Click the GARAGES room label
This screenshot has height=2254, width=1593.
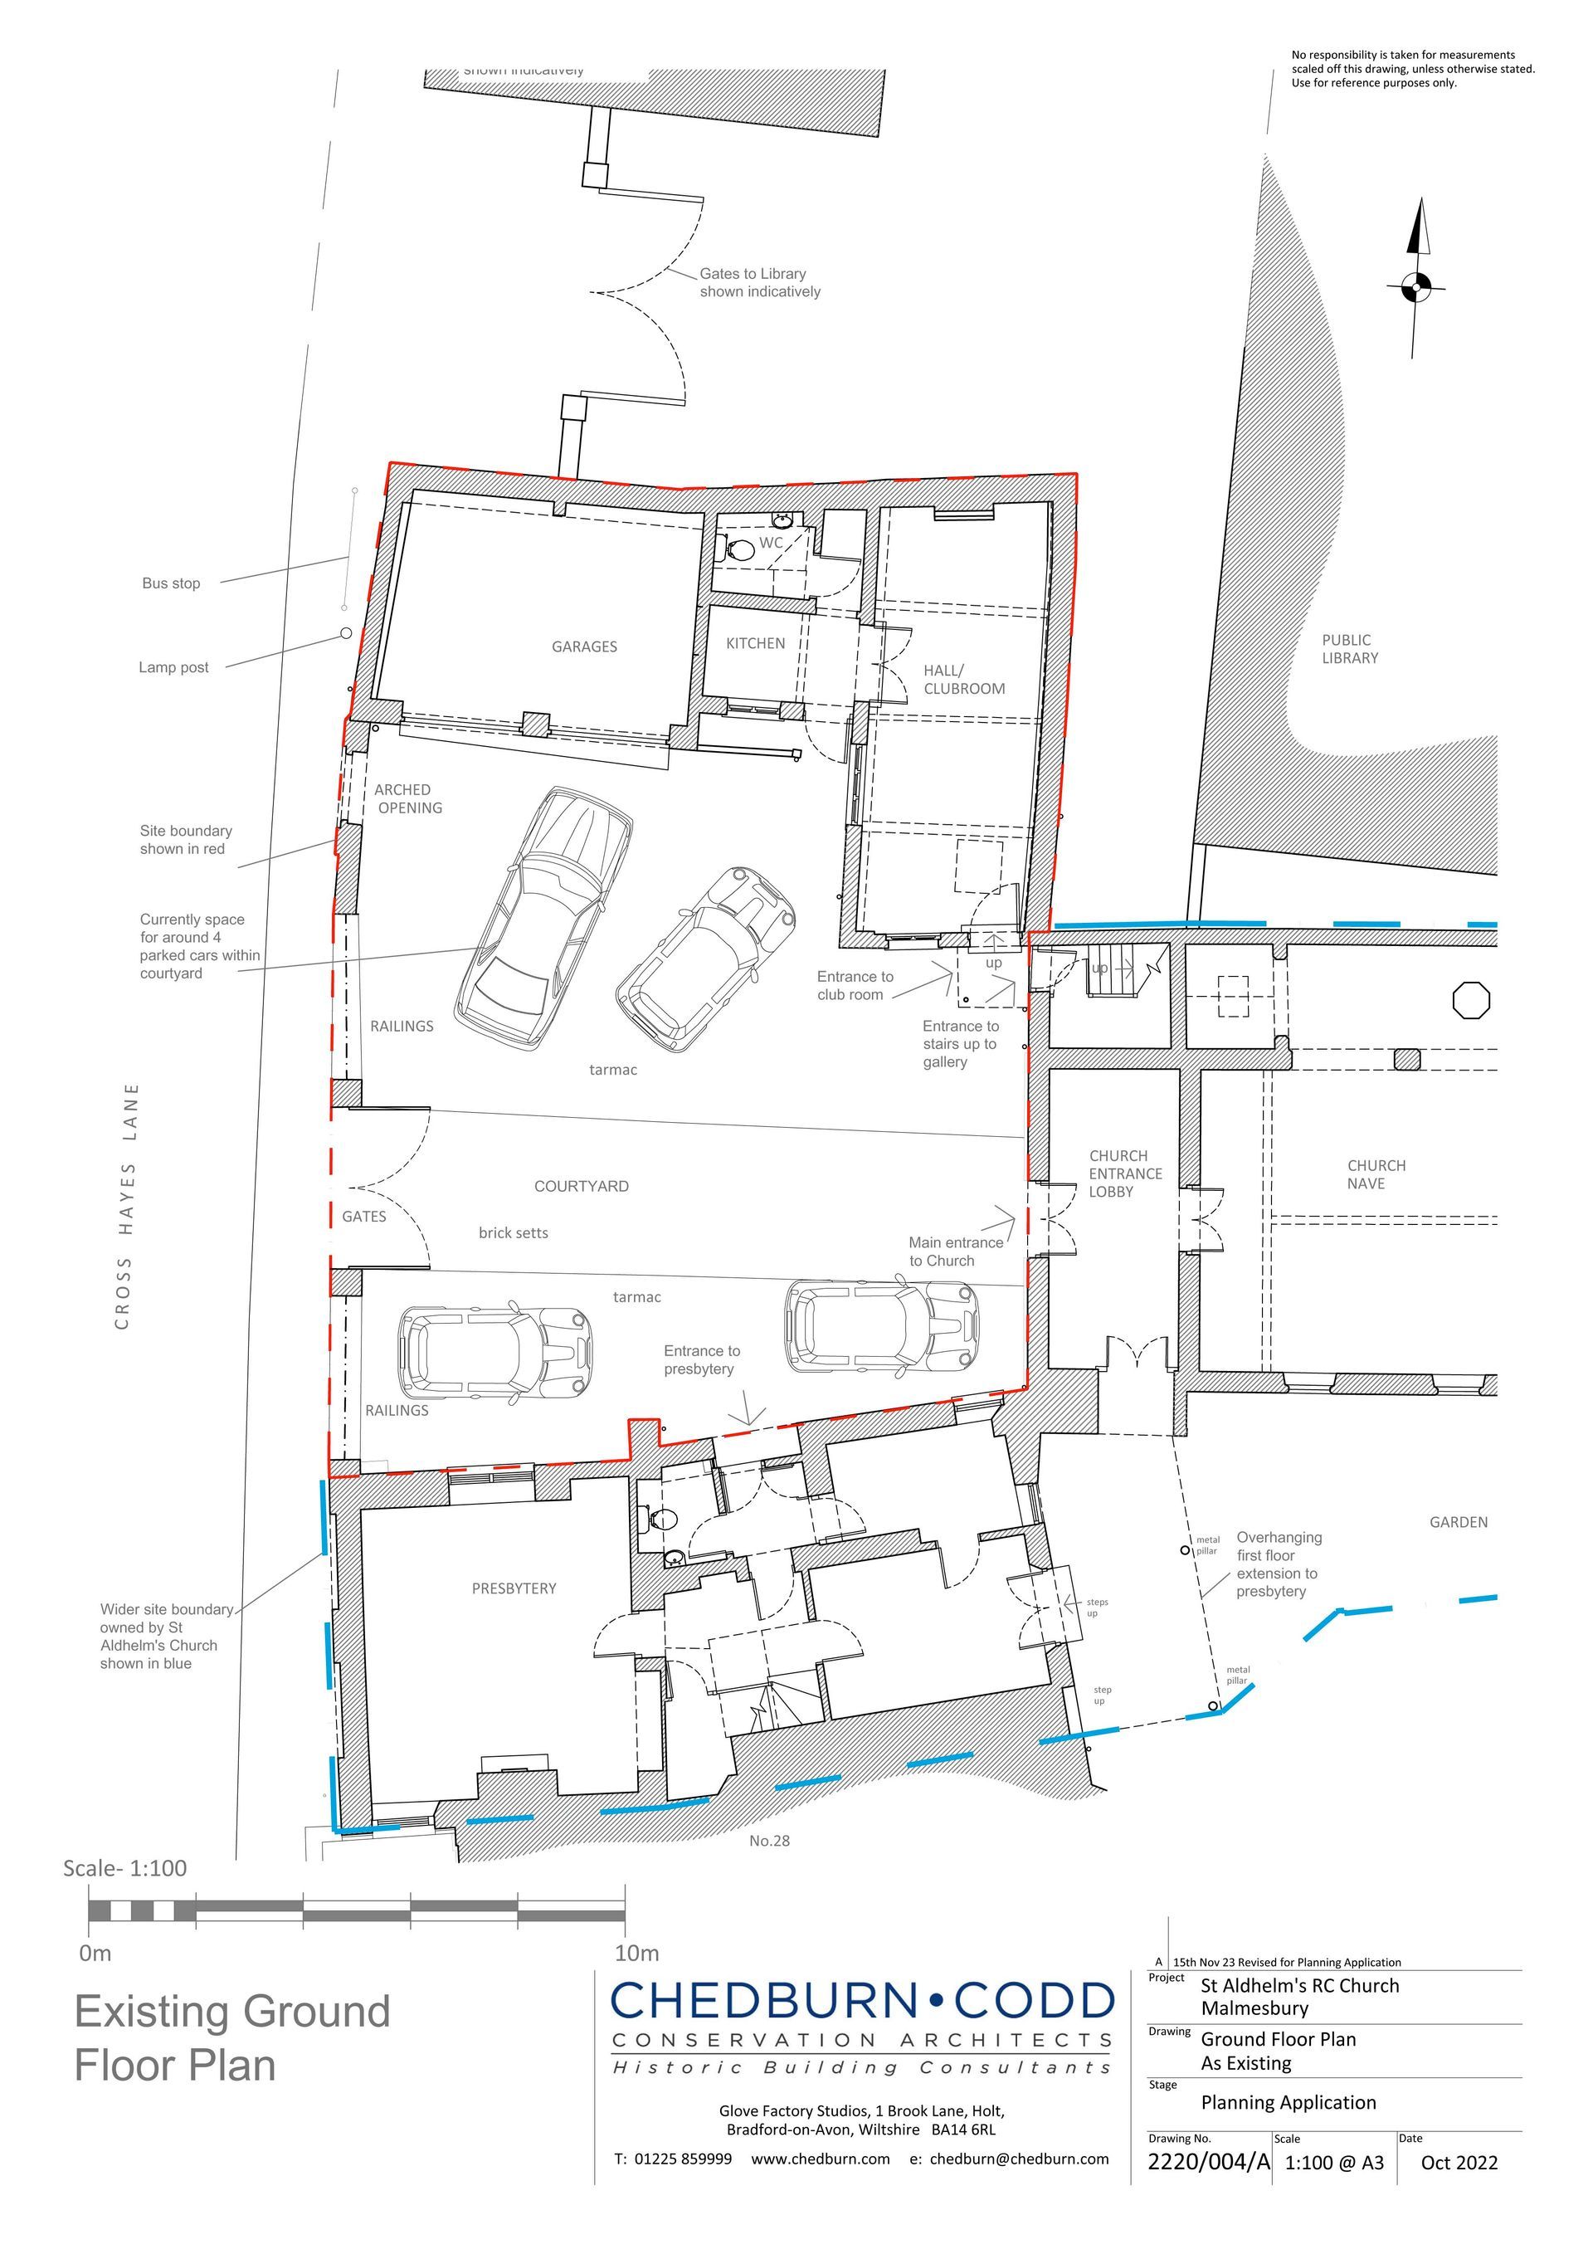click(584, 647)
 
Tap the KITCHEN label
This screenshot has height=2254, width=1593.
click(755, 644)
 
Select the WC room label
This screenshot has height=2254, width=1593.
click(772, 543)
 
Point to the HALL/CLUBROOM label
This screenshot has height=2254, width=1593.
click(964, 681)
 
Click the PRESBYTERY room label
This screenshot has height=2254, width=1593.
click(514, 1588)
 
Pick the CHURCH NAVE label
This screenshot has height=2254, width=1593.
click(1376, 1174)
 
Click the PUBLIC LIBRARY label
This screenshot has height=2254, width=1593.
click(1350, 649)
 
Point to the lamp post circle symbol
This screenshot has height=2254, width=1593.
click(345, 633)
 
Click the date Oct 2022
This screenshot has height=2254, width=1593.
click(1459, 2183)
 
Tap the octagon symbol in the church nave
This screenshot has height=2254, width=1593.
click(1471, 1000)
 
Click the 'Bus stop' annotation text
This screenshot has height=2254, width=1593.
click(171, 583)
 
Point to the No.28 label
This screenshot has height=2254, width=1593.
click(769, 1841)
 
